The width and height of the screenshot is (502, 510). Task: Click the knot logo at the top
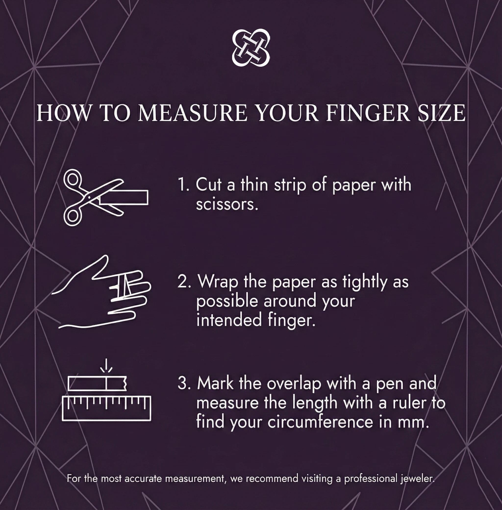coord(251,48)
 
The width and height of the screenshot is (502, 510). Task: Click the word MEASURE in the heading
coord(192,113)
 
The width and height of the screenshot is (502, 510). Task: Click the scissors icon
coord(87,198)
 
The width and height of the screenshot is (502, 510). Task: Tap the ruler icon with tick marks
coord(107,408)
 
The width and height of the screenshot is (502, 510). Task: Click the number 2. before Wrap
coord(184,282)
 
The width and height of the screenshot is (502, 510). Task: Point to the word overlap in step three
coord(294,384)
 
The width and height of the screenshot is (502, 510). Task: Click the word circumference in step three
coord(320,422)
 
